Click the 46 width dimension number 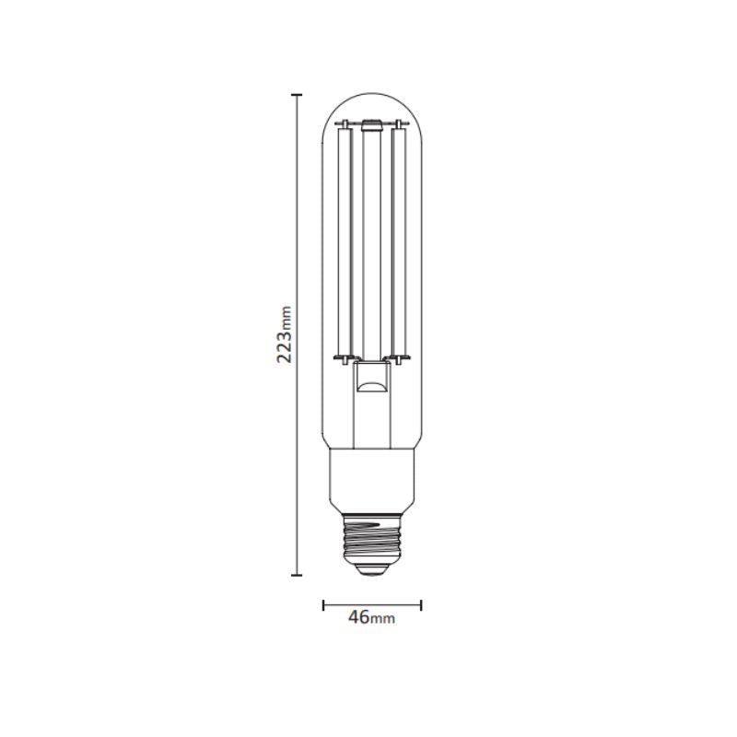tap(359, 617)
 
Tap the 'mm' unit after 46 tap(383, 620)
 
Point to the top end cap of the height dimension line tap(297, 95)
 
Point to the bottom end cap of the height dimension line tap(297, 575)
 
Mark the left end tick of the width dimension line tap(323, 605)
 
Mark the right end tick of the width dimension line tap(421, 605)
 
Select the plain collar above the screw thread tap(372, 480)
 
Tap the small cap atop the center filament tap(372, 122)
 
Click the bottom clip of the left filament tap(344, 357)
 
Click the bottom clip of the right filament tap(401, 357)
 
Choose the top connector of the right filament tap(400, 125)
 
